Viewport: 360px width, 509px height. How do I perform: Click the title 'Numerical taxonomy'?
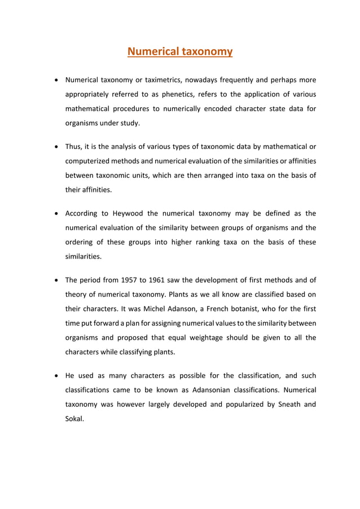click(x=180, y=52)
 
